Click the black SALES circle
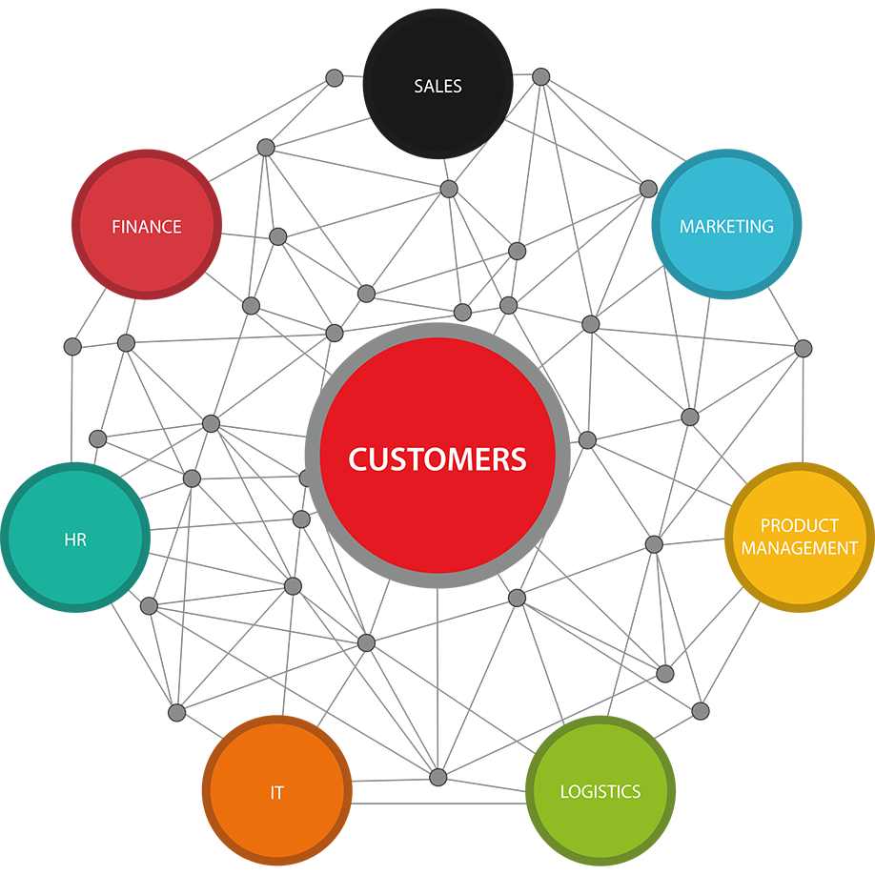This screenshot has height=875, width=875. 438,84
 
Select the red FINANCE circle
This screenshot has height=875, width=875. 147,224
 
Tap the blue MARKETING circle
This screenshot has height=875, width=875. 726,224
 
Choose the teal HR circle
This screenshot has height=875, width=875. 75,538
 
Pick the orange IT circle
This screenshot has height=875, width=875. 276,790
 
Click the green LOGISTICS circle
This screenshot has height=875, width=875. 600,790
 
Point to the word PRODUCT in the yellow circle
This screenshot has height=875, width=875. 799,525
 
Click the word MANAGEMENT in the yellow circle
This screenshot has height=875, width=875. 799,548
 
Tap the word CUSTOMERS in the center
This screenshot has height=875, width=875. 437,459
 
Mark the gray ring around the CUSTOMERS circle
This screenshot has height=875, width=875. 313,456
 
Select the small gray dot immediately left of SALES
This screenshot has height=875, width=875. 335,77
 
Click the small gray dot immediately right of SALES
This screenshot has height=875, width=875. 540,76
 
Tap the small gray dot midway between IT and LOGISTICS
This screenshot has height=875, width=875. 438,777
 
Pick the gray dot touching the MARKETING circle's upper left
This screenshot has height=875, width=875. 648,189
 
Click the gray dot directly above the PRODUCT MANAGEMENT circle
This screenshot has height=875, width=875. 803,349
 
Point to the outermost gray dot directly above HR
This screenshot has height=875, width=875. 72,347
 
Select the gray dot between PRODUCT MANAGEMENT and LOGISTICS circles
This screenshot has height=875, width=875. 701,711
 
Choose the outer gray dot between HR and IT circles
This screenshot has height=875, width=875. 177,713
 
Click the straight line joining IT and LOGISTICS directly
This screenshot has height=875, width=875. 438,804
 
